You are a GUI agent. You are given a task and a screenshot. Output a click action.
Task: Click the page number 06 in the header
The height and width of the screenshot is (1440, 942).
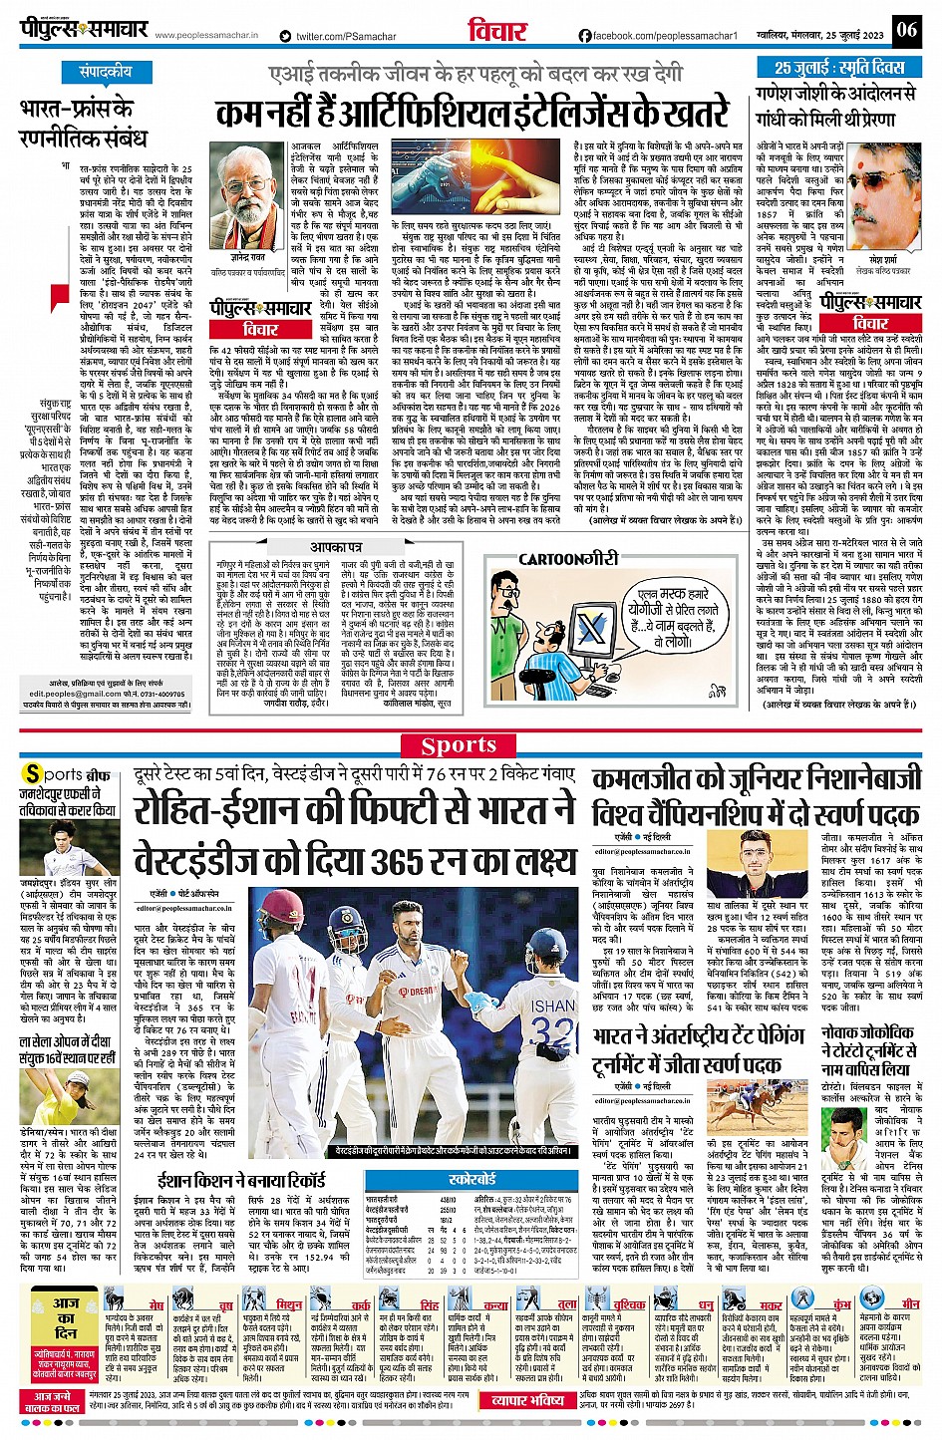906,29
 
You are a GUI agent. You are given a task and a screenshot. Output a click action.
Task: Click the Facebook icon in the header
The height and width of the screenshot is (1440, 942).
584,36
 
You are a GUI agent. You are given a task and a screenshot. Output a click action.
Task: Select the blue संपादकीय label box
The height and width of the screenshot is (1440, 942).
106,72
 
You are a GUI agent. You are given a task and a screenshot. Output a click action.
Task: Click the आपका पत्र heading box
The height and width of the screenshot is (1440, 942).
335,547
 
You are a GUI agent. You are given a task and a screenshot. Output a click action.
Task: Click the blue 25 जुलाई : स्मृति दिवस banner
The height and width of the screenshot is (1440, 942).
838,68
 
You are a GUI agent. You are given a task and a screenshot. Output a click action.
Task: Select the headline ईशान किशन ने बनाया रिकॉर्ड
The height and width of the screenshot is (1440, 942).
240,1180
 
